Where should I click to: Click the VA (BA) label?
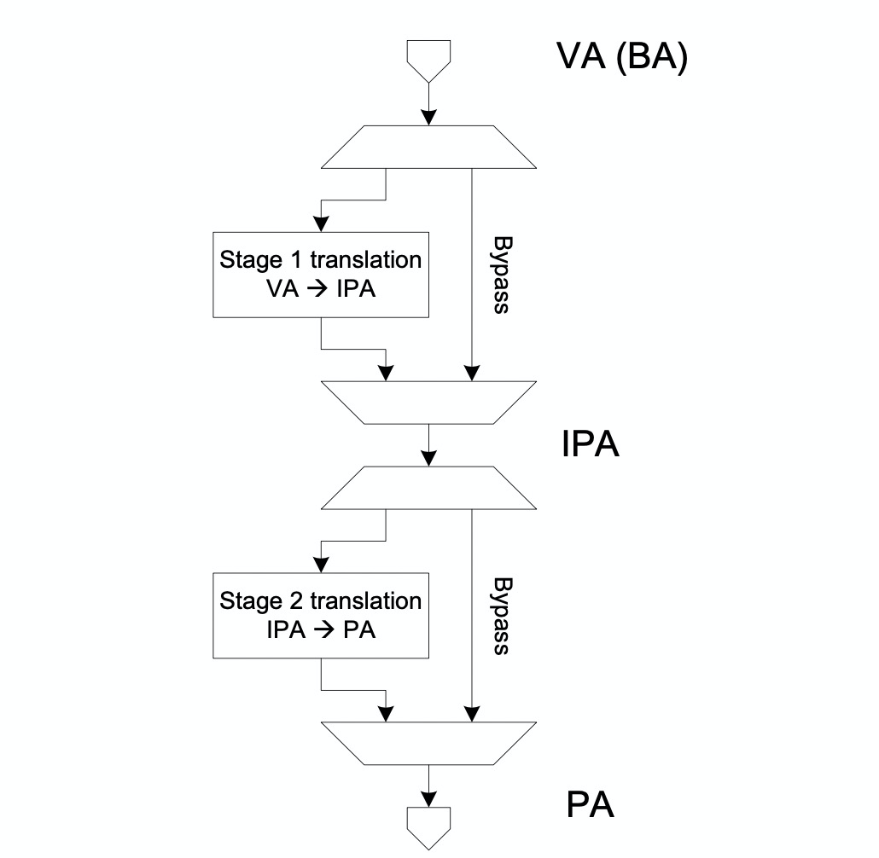[x=621, y=56]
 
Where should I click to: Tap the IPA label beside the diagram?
[x=591, y=444]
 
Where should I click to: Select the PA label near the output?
[x=591, y=805]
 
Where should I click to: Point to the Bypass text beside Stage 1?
[x=502, y=275]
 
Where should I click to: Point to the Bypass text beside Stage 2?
[x=502, y=616]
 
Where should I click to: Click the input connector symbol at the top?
[x=429, y=61]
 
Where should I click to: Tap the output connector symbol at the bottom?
[x=429, y=828]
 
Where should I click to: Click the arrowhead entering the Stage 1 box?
[x=321, y=224]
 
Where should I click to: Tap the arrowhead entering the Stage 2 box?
[x=321, y=565]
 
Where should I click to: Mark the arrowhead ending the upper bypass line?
[x=472, y=374]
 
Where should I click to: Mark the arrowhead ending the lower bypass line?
[x=472, y=714]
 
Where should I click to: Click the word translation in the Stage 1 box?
[x=365, y=260]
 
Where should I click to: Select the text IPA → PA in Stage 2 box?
[x=321, y=630]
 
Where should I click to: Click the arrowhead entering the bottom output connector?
[x=429, y=799]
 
